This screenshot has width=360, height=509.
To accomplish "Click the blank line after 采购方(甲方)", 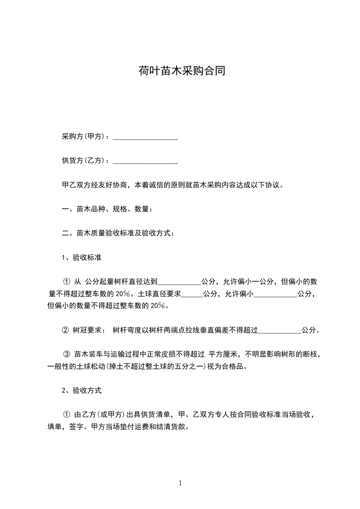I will coord(145,137).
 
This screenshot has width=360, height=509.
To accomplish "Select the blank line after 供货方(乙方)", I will coord(145,161).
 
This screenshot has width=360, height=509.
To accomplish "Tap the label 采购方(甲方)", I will coord(84,137).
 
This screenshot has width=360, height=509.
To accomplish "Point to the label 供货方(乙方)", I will coord(84,161).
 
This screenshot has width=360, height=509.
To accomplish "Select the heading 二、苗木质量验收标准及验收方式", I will coord(117,234).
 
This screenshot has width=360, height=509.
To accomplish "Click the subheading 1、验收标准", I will coord(81,258).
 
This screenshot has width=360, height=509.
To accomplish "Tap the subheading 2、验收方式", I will coord(81,390).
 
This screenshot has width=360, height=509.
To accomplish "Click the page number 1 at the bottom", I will coord(180,483).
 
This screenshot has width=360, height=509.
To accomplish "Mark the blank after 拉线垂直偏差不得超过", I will coord(279,331).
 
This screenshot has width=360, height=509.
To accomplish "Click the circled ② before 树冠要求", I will coord(65,330).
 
